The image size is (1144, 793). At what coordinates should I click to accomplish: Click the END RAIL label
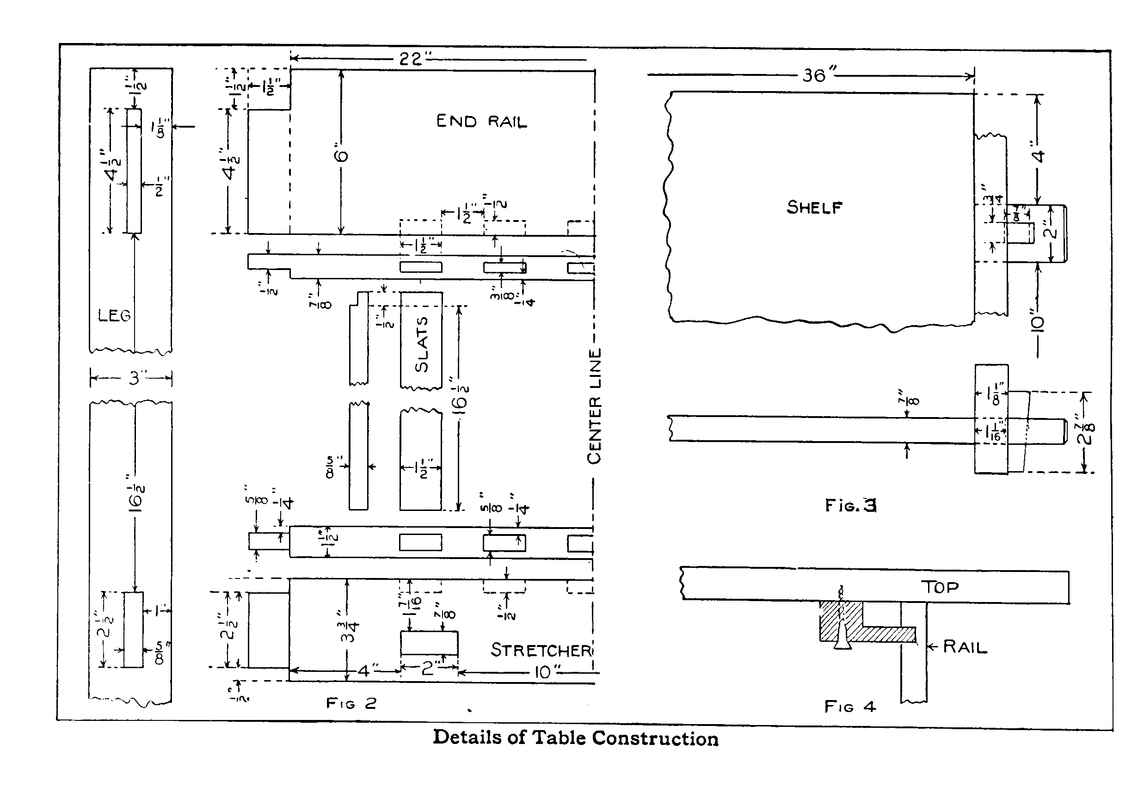(481, 121)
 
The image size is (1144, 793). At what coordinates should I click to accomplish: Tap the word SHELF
(814, 207)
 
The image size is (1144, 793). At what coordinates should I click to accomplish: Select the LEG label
(114, 315)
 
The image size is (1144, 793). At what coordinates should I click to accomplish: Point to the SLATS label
(422, 345)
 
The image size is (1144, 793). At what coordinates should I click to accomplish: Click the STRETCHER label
(541, 650)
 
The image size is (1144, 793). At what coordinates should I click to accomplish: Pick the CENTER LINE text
(595, 406)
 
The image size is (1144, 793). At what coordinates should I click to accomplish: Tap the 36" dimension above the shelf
(816, 75)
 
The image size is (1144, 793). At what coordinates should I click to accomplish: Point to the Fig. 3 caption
(850, 505)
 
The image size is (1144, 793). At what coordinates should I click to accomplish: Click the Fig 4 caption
(850, 706)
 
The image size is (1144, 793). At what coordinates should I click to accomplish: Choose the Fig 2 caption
(351, 703)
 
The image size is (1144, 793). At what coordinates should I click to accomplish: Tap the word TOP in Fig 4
(939, 587)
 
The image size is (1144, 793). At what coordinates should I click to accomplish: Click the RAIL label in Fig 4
(965, 647)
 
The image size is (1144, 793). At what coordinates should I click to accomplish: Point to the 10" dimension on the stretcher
(543, 672)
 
